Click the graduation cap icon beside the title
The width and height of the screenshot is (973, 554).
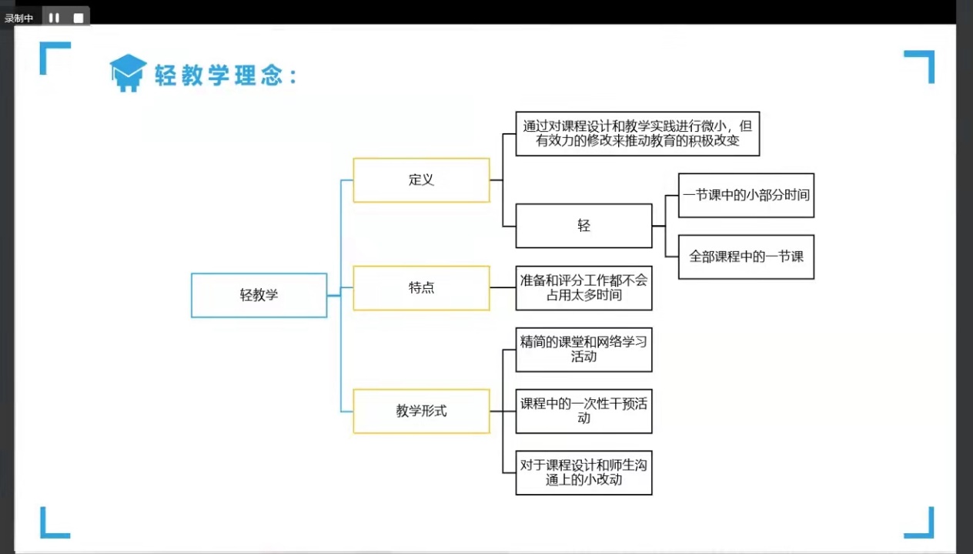pyautogui.click(x=128, y=72)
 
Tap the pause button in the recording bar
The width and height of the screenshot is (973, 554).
pyautogui.click(x=55, y=18)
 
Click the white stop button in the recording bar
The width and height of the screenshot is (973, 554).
pyautogui.click(x=79, y=18)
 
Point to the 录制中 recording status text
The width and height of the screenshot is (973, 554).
pyautogui.click(x=18, y=18)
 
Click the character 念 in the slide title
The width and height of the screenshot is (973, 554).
pyautogui.click(x=272, y=76)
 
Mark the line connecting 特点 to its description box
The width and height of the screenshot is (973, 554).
pyautogui.click(x=503, y=287)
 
